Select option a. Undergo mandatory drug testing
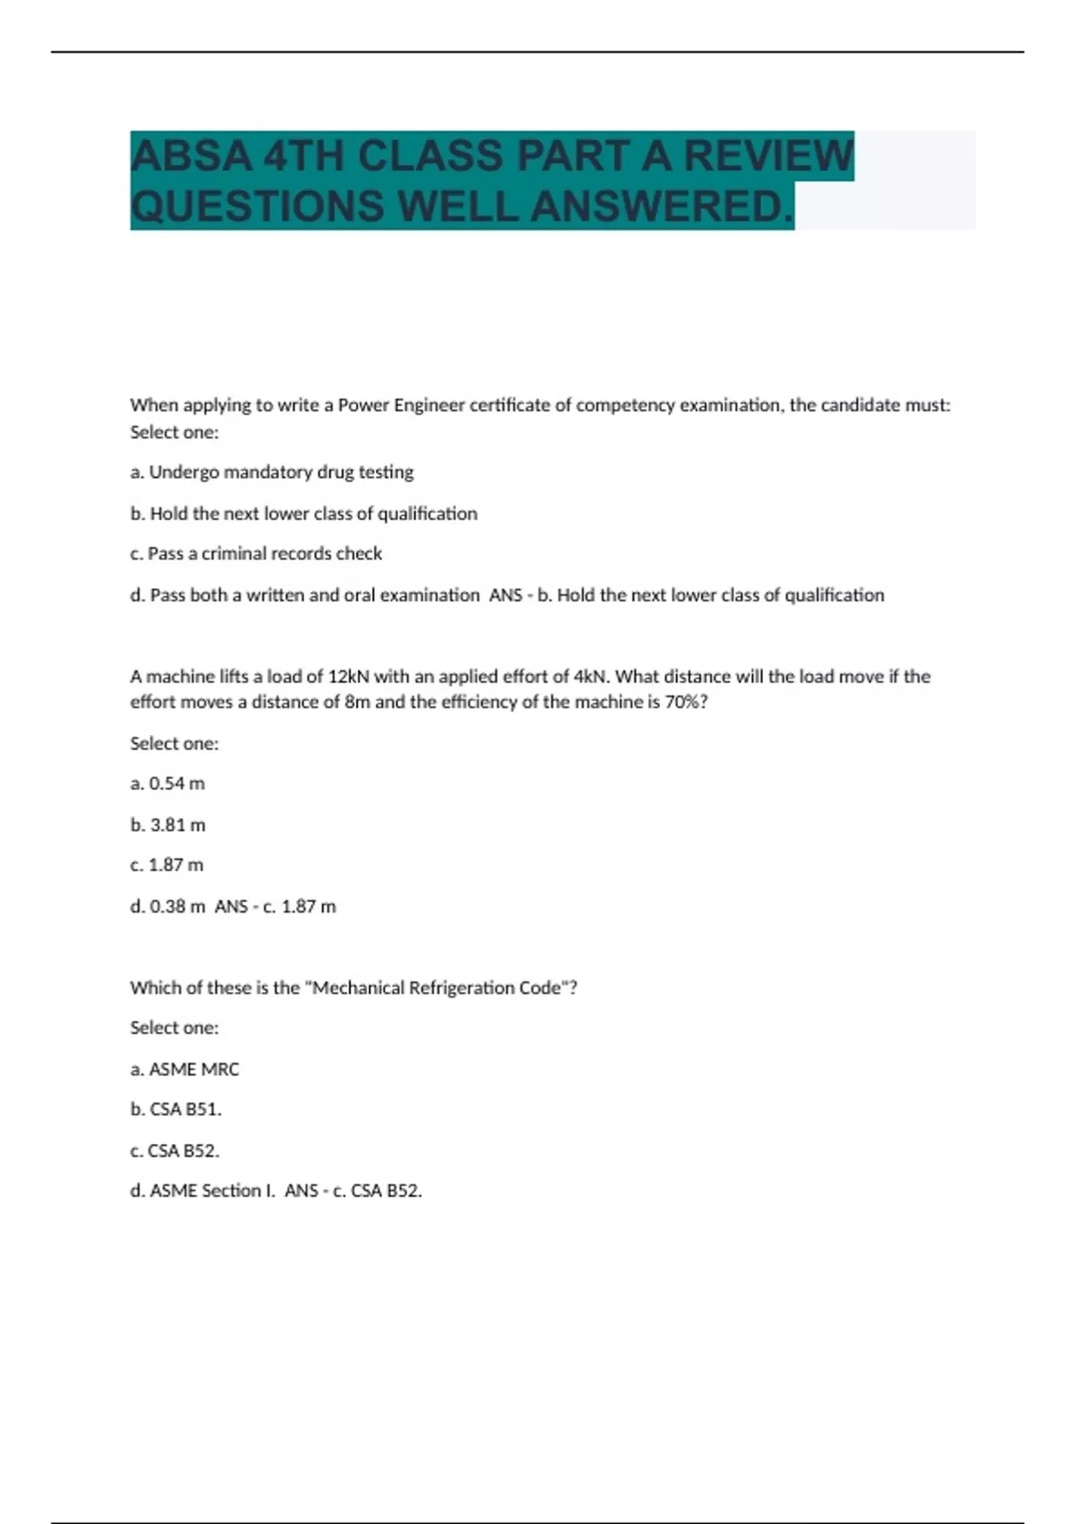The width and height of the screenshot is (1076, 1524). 272,472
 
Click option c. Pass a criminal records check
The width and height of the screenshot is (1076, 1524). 256,554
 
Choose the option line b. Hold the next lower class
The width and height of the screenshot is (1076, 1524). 303,514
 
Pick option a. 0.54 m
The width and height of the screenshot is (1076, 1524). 168,784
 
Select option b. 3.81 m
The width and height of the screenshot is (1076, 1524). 168,825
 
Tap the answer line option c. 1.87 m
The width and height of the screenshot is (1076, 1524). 167,865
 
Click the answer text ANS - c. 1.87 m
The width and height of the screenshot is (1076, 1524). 275,906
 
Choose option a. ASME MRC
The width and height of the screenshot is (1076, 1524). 185,1069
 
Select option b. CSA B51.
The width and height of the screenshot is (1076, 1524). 176,1109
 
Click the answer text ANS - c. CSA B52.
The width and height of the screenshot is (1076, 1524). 353,1191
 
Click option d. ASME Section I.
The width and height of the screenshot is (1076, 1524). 203,1191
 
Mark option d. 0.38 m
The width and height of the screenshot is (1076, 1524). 168,906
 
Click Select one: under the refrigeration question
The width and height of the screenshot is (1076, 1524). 174,1028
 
